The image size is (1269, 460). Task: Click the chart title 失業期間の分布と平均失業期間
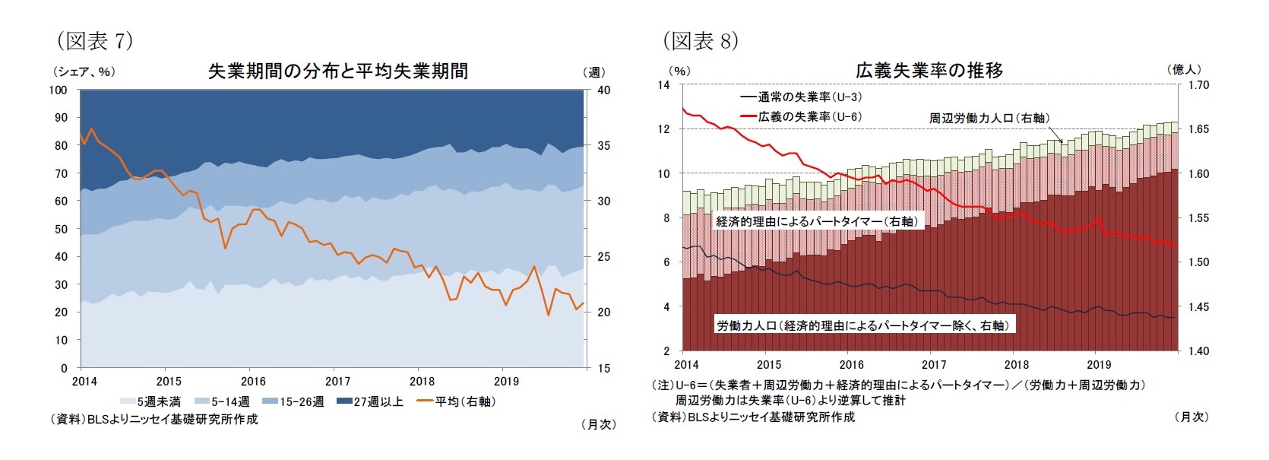pyautogui.click(x=337, y=71)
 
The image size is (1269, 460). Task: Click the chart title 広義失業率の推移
pyautogui.click(x=929, y=71)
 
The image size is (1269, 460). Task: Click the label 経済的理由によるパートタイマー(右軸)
pyautogui.click(x=817, y=221)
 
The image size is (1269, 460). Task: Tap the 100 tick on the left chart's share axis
pyautogui.click(x=59, y=90)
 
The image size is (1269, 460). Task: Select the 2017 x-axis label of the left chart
pyautogui.click(x=337, y=381)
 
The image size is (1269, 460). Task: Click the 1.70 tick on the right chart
pyautogui.click(x=1198, y=85)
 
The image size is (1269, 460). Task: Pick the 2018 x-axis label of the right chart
pyautogui.click(x=1016, y=365)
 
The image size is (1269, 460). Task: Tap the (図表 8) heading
pyautogui.click(x=700, y=40)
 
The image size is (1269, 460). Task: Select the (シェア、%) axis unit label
pyautogui.click(x=84, y=72)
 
